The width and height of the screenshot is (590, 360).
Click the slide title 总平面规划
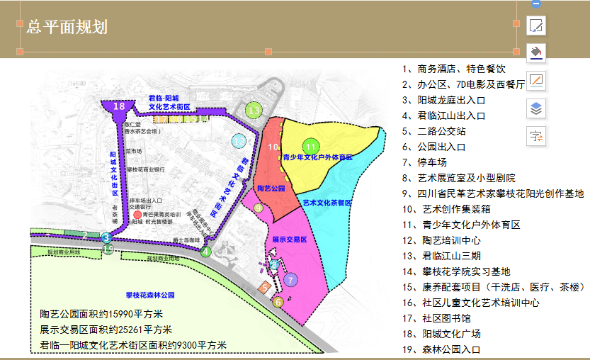67,28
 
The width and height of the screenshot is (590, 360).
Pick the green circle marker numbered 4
206,251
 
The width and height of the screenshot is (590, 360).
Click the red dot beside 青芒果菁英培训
137,214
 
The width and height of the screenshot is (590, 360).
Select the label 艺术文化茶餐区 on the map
327,202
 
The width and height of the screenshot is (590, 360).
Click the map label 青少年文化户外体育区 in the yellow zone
317,157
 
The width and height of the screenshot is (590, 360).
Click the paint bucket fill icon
537,52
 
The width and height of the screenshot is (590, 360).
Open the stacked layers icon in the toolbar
536,108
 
